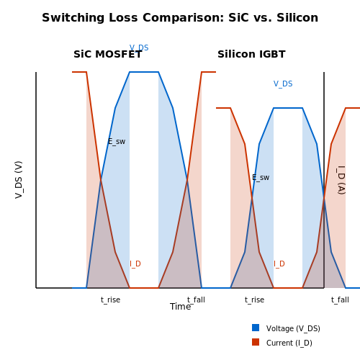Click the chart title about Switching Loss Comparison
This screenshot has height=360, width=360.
(x=180, y=18)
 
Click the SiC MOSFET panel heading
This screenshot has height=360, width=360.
(x=108, y=54)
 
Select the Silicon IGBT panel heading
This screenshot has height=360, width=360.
(x=251, y=54)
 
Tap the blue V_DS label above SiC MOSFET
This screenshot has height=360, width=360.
(x=139, y=48)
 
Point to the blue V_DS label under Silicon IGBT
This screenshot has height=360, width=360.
(x=283, y=84)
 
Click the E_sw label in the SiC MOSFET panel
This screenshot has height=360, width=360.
(x=117, y=141)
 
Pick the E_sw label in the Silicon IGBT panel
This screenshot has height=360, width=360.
(x=261, y=177)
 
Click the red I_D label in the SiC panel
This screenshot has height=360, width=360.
(x=135, y=264)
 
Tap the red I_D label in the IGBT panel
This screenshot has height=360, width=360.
(x=279, y=264)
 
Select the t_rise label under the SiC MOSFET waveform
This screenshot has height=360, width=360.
(x=110, y=300)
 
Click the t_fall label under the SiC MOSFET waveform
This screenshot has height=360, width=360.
(x=196, y=300)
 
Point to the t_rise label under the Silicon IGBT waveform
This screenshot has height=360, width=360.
(x=254, y=300)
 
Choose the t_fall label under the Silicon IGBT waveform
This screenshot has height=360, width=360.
(x=340, y=300)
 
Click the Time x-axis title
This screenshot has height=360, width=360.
(x=180, y=307)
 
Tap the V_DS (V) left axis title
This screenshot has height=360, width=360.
(x=19, y=180)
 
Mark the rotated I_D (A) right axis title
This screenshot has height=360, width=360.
(x=341, y=180)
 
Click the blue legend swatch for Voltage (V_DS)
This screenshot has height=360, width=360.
(x=256, y=328)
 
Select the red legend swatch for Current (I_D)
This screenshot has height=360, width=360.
(x=256, y=342)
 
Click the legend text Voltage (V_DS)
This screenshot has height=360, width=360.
(x=293, y=328)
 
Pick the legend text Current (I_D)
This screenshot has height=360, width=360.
(x=289, y=343)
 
